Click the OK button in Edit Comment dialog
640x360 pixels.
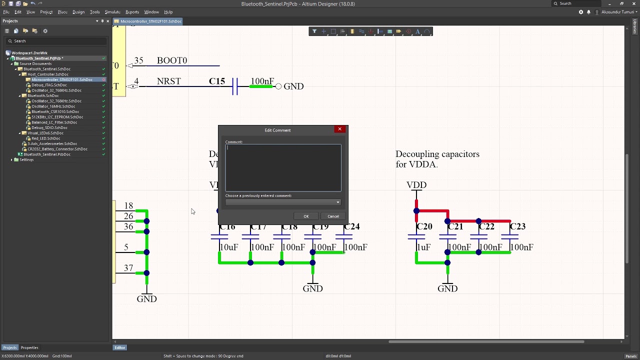point(306,216)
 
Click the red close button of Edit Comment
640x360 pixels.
point(339,129)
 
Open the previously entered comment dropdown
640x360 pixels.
point(338,202)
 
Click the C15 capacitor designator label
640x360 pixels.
point(217,81)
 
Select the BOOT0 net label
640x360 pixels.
point(172,60)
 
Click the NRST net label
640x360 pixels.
point(168,81)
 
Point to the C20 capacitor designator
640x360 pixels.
point(424,226)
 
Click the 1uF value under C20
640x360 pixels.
point(423,247)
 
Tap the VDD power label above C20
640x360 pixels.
point(416,185)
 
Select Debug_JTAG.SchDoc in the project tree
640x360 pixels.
point(49,85)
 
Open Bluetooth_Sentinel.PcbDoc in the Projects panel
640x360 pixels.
point(47,154)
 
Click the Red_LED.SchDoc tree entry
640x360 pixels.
point(45,138)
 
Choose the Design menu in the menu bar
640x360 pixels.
point(78,12)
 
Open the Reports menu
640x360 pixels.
point(132,12)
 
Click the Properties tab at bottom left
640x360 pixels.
point(29,347)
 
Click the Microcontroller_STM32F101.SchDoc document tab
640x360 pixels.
point(150,21)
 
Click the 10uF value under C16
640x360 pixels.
point(229,247)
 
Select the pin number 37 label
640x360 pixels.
point(128,268)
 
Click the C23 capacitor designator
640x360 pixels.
point(517,226)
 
